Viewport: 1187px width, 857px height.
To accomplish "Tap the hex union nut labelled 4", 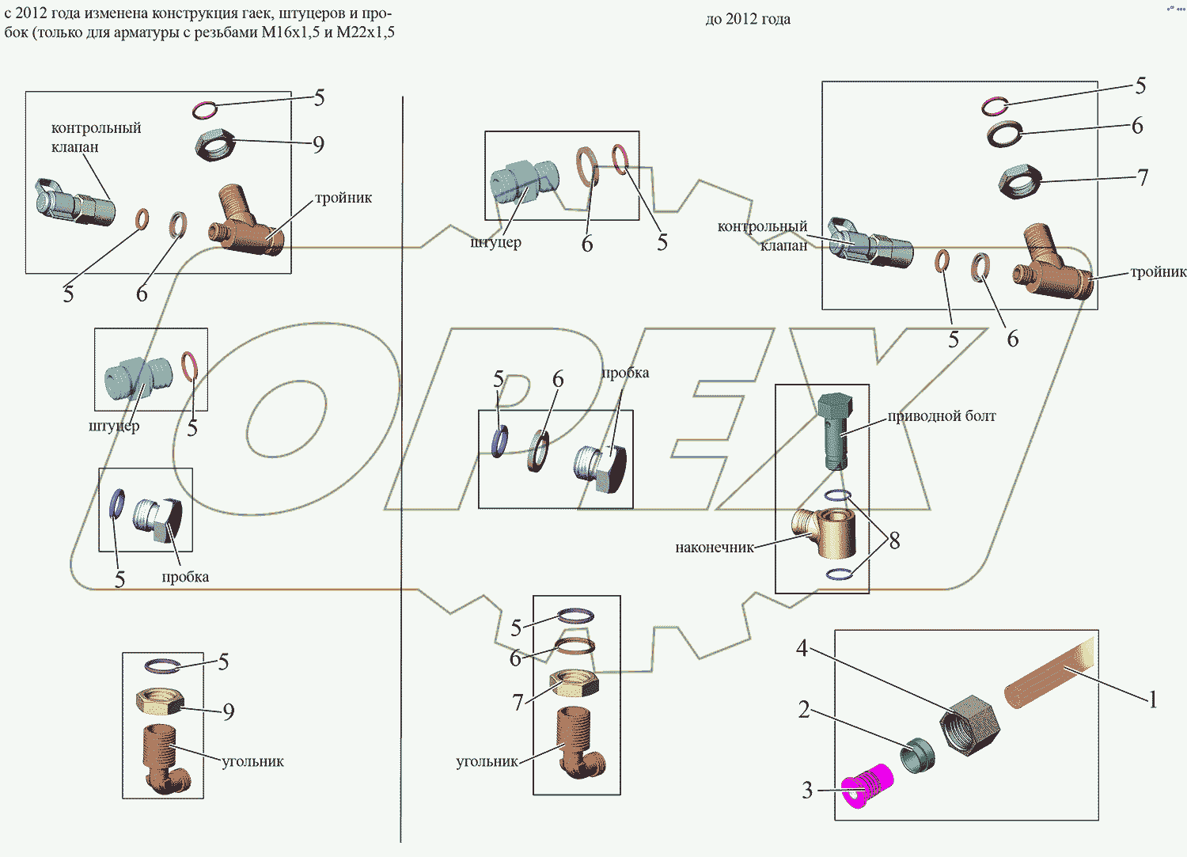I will pyautogui.click(x=969, y=725).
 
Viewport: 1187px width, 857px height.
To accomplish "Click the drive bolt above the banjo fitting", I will pyautogui.click(x=834, y=430).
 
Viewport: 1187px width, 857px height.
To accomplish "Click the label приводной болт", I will pyautogui.click(x=941, y=416).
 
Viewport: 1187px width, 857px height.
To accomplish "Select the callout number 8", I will pyautogui.click(x=894, y=541).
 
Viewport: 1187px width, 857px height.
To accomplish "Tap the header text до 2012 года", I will pyautogui.click(x=748, y=19).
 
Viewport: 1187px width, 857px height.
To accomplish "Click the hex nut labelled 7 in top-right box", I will pyautogui.click(x=1019, y=182).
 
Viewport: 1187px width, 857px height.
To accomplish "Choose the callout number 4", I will pyautogui.click(x=802, y=649).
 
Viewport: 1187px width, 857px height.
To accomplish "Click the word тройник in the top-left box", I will pyautogui.click(x=343, y=198).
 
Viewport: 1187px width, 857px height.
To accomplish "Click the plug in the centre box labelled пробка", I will pyautogui.click(x=600, y=468).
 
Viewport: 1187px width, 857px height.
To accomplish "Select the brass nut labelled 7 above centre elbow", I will pyautogui.click(x=574, y=683).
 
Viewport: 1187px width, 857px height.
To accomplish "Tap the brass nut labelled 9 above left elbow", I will pyautogui.click(x=161, y=700).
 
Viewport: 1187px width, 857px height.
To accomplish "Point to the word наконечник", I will pyautogui.click(x=714, y=548).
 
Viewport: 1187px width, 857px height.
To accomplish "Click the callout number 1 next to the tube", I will pyautogui.click(x=1153, y=700).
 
